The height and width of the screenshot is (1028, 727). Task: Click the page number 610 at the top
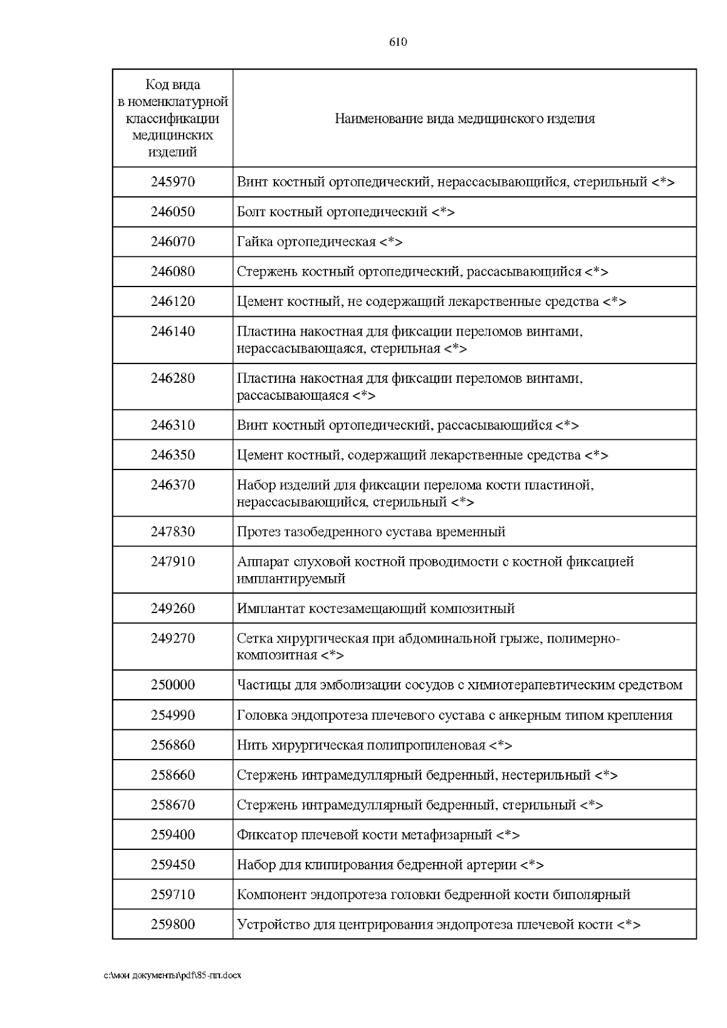click(397, 42)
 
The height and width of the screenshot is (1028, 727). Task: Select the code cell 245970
click(173, 182)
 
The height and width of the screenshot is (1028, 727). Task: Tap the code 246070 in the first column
click(173, 242)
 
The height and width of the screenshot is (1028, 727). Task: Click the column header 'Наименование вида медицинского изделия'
click(465, 119)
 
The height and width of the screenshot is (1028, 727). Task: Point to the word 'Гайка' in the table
click(254, 242)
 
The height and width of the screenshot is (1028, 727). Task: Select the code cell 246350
click(173, 455)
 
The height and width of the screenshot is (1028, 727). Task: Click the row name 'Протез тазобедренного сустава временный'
click(371, 532)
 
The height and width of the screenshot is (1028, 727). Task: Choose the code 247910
click(173, 562)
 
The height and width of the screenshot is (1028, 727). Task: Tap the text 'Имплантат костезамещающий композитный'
click(376, 608)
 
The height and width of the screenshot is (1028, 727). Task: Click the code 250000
click(173, 685)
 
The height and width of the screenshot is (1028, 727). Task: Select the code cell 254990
click(173, 715)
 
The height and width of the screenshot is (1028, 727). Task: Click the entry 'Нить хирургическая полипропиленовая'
click(361, 745)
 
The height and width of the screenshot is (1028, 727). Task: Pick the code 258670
click(173, 805)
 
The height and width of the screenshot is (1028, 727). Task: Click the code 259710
click(173, 895)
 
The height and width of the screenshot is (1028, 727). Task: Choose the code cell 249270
click(173, 638)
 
